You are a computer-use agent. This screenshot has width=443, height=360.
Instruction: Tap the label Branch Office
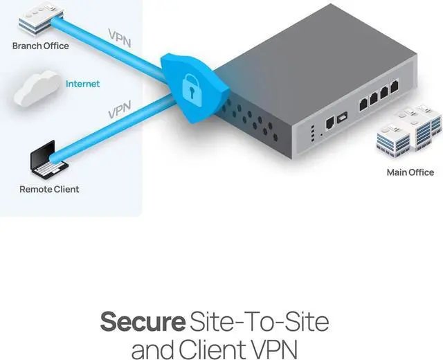point(41,46)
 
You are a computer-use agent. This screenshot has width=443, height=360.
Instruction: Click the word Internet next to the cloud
point(82,84)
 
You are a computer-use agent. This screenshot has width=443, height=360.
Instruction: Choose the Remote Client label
point(49,189)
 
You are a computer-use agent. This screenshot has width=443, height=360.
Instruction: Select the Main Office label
point(410,172)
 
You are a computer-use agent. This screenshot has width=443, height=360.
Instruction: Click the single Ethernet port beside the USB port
point(329,122)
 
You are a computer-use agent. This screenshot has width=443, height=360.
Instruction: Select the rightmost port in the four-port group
point(395,87)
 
